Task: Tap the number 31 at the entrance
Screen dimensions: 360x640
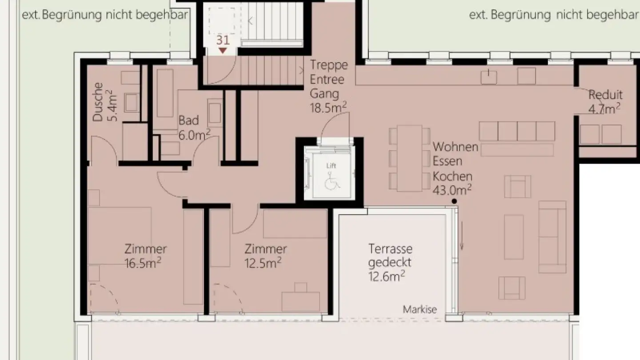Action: click(223, 40)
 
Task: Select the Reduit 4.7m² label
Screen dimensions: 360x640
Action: click(605, 101)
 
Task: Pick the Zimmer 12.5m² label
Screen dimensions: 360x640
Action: click(265, 256)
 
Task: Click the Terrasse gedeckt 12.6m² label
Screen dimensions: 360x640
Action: click(390, 262)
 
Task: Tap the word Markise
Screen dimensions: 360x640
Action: click(420, 309)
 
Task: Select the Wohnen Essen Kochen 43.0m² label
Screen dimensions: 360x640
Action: click(455, 168)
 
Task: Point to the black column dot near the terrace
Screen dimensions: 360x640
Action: click(454, 201)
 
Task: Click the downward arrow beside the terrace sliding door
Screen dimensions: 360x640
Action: click(462, 236)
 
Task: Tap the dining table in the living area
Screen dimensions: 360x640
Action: click(409, 158)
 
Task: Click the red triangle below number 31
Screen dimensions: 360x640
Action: click(223, 51)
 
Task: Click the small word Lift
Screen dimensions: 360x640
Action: click(331, 166)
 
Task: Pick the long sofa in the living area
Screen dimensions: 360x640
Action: click(552, 236)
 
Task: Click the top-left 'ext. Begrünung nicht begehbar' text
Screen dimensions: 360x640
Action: click(105, 15)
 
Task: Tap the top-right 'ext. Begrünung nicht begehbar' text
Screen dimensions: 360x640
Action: click(554, 15)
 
